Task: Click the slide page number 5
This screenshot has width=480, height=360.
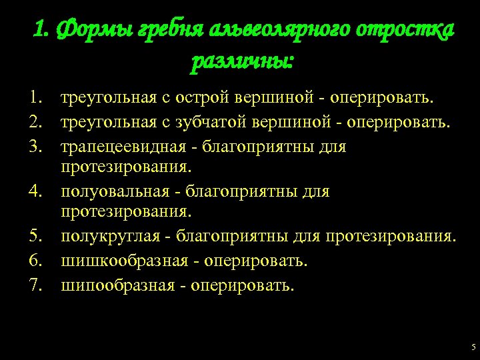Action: [473, 347]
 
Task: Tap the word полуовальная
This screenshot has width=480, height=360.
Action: [113, 193]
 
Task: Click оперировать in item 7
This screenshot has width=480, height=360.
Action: [241, 286]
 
